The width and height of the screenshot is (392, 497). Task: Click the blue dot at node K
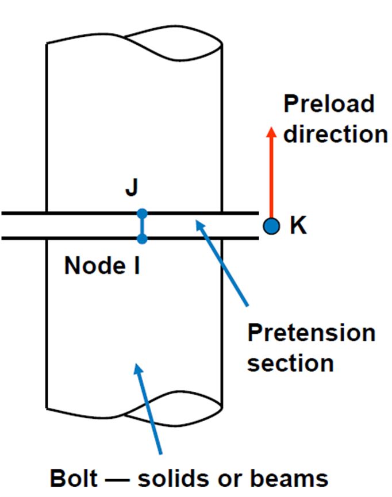pos(271,226)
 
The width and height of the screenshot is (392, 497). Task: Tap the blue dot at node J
pos(143,214)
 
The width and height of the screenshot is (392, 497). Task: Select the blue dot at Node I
pos(143,238)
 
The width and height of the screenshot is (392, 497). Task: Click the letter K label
pos(298,226)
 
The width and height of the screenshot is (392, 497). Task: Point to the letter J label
pos(132,188)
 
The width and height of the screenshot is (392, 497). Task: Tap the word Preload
pos(329,104)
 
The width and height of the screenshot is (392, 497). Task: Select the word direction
pos(336,134)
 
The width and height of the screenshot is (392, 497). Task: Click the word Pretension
pos(311,333)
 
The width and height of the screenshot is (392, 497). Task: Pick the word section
pos(290,363)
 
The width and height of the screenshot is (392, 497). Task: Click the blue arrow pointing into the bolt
pos(148,408)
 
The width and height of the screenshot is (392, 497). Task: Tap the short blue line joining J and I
pos(143,226)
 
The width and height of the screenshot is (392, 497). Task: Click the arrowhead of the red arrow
pos(271,132)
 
